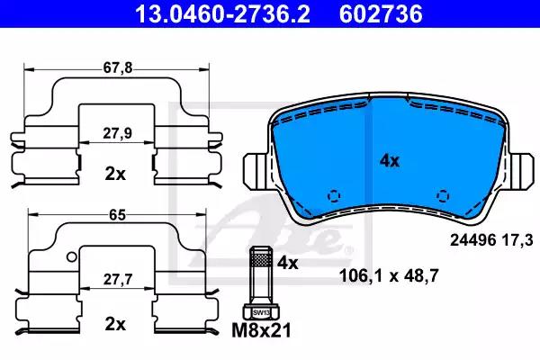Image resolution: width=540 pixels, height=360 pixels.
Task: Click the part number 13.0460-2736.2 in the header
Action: pos(222,13)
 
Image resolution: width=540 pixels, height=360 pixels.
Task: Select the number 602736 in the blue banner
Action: pos(381,13)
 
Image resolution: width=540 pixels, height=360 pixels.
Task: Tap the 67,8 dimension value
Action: pos(117,67)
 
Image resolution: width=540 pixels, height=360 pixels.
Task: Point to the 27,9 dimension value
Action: pos(117,133)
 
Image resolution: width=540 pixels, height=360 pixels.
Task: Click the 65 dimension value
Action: pos(117,215)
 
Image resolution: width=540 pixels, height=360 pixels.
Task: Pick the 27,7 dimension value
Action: pos(118,279)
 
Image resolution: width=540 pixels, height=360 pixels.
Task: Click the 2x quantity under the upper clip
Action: pos(115,175)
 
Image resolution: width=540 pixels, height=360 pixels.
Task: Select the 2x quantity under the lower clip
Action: pos(115,324)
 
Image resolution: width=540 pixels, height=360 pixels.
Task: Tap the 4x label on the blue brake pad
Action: pos(390,160)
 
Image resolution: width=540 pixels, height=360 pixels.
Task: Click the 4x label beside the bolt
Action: pos(288,263)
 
